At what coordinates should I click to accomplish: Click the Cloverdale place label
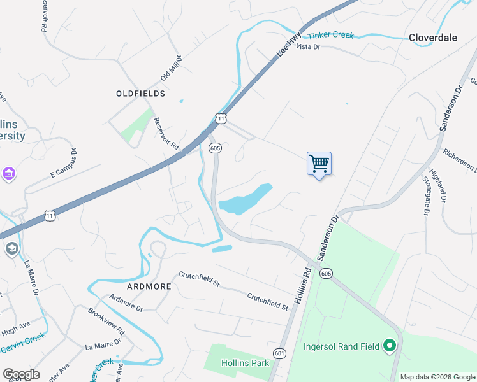(433, 38)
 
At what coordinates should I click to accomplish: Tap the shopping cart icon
(319, 163)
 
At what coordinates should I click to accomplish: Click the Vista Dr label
(308, 47)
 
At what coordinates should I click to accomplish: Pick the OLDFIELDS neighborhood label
(141, 94)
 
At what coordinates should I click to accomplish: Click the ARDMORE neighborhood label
(149, 286)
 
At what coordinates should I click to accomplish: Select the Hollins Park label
(245, 363)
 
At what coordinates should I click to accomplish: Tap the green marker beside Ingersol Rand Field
(389, 346)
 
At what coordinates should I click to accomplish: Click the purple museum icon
(8, 173)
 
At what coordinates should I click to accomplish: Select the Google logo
(21, 374)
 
